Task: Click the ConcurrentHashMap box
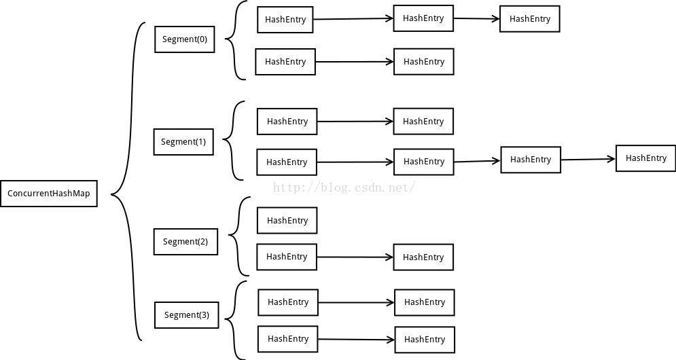coord(49,194)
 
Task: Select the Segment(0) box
coord(185,39)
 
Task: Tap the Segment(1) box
coord(183,142)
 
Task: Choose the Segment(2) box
coord(185,242)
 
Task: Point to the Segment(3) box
coord(187,315)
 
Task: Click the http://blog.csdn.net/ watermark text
coord(344,187)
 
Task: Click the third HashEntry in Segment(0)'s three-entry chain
coord(530,19)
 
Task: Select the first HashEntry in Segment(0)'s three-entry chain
coord(285,20)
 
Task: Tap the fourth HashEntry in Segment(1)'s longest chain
coord(646,158)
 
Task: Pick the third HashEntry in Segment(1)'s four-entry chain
coord(531,160)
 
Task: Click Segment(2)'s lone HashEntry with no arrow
coord(287,221)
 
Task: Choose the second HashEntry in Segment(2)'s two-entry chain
coord(423,257)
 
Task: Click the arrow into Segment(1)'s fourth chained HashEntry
coord(588,160)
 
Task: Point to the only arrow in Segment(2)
coord(355,257)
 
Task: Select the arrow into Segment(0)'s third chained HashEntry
coord(476,18)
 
